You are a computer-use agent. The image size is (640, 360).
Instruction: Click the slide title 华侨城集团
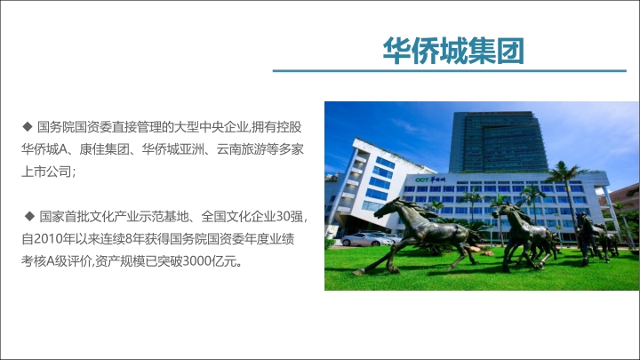click(x=453, y=51)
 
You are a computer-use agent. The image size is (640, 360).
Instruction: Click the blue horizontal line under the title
click(x=450, y=70)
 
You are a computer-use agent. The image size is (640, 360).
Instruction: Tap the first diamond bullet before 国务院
click(x=28, y=126)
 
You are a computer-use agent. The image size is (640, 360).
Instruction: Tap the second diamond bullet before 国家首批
click(x=29, y=216)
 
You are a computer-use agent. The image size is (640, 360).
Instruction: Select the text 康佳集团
click(x=104, y=149)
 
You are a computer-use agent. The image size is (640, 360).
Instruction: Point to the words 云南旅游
click(x=241, y=149)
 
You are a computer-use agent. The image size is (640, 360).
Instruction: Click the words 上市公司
click(x=46, y=172)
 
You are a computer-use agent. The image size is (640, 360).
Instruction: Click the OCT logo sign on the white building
click(x=430, y=180)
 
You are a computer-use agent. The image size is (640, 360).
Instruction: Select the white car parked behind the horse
click(x=366, y=239)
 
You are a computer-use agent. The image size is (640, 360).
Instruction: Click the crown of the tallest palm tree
click(x=565, y=172)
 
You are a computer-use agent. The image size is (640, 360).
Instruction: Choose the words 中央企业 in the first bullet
click(x=224, y=127)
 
